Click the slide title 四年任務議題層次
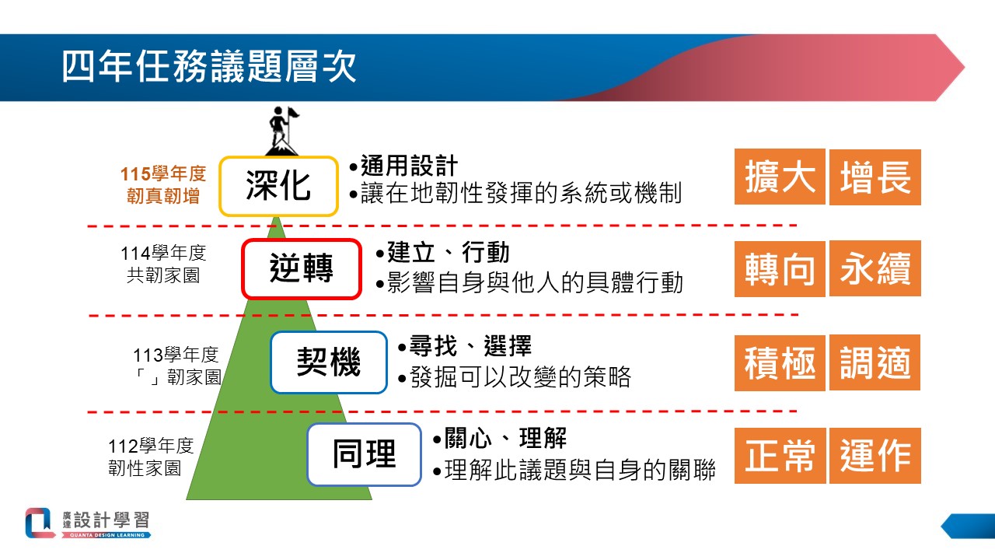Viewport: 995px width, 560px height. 209,67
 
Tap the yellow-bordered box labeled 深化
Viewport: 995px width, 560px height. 278,186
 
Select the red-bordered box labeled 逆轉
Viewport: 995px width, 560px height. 302,269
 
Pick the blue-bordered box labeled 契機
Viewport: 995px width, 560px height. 329,362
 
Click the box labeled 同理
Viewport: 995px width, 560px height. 365,454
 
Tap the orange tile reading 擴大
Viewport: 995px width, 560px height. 780,177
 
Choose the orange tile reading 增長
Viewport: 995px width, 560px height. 875,177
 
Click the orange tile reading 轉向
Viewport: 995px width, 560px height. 780,269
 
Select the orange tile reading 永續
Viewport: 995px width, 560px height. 875,269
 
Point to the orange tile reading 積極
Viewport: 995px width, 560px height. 780,362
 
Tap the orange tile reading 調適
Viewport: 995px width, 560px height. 875,362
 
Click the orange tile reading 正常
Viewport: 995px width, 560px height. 780,456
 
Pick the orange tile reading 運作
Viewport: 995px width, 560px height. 875,456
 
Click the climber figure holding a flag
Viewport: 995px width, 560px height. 283,131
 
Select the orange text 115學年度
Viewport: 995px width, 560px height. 163,173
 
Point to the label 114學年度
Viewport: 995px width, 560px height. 163,253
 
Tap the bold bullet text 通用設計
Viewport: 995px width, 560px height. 409,166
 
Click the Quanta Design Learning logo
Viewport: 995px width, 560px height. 88,523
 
